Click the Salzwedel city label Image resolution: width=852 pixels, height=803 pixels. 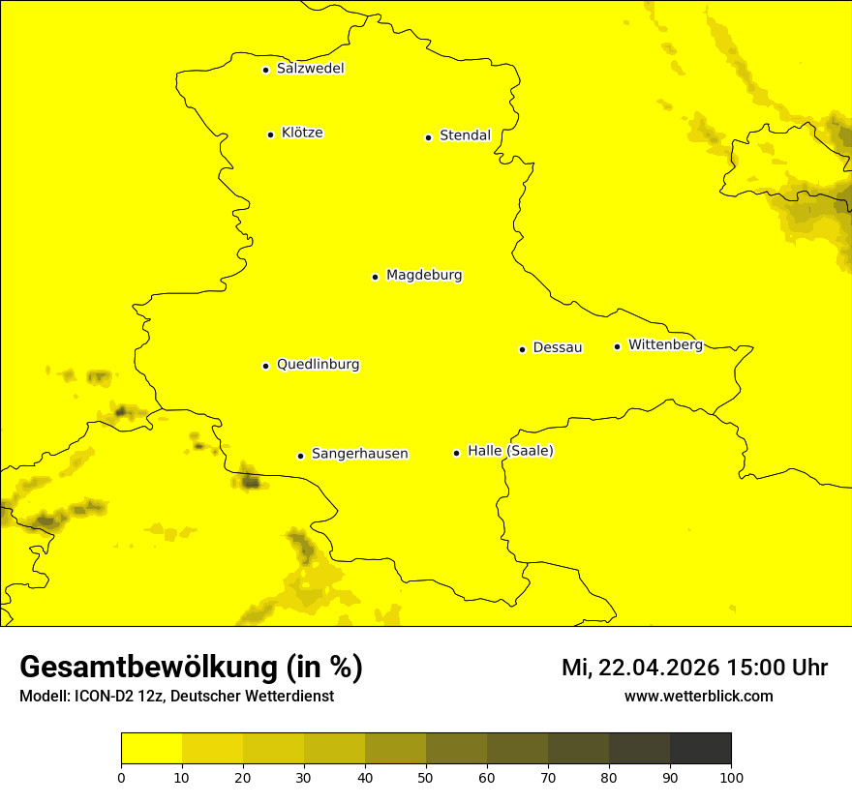[x=310, y=69]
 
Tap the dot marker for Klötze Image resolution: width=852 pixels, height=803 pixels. [x=270, y=134]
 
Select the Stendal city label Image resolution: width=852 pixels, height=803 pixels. [x=465, y=135]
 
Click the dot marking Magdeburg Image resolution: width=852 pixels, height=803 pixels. [x=375, y=277]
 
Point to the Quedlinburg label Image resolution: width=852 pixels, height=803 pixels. [x=318, y=365]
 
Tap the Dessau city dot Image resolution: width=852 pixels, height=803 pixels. [x=522, y=349]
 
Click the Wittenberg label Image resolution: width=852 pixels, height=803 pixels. [x=664, y=345]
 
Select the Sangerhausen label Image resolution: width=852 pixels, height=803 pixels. [x=359, y=454]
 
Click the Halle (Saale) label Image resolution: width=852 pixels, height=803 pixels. [x=510, y=451]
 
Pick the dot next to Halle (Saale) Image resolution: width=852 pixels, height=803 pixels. [x=456, y=453]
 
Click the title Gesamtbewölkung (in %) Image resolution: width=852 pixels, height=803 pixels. [x=191, y=668]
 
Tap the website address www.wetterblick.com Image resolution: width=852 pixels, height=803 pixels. [x=698, y=697]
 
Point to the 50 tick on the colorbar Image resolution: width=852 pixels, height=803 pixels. [x=426, y=776]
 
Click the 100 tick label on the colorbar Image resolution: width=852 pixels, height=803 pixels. [x=731, y=776]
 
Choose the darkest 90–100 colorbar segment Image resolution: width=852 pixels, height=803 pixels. [x=700, y=749]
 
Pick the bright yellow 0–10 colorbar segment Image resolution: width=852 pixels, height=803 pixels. [x=151, y=749]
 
